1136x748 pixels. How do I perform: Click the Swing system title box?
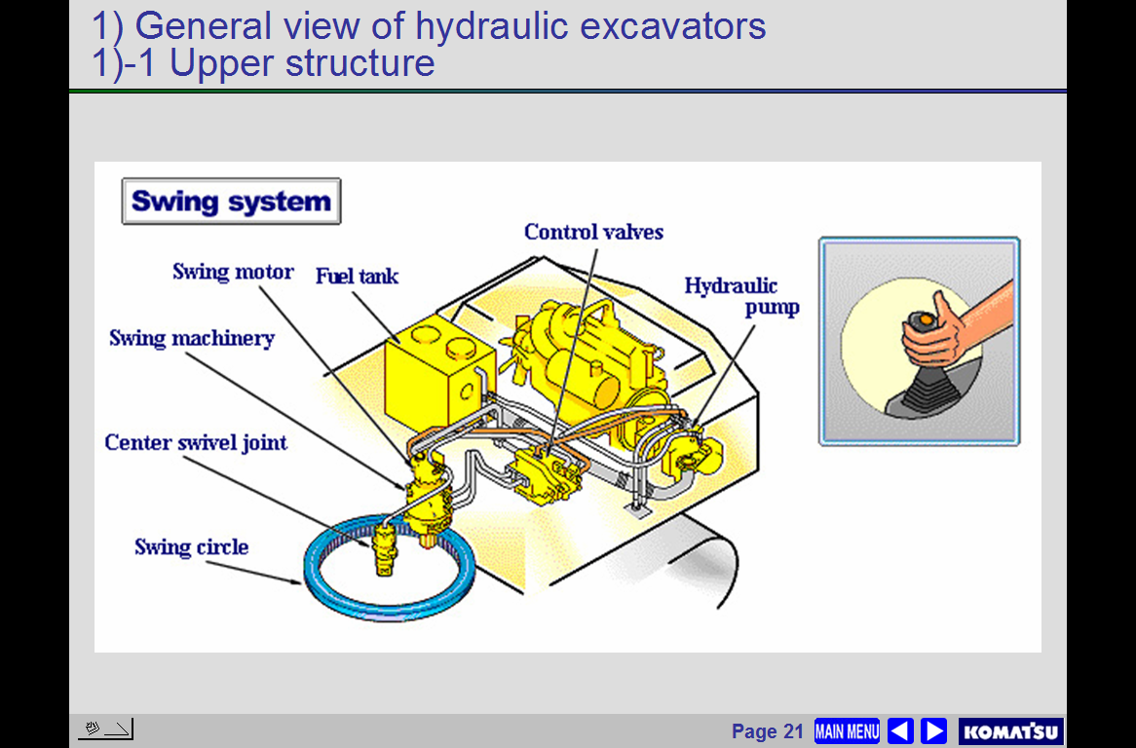[x=231, y=202]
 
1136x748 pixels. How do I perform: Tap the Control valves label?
[x=593, y=232]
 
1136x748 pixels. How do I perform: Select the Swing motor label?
[x=233, y=272]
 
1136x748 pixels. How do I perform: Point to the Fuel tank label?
[x=357, y=276]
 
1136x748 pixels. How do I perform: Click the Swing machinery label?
[x=192, y=339]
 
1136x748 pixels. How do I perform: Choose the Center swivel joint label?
[x=196, y=443]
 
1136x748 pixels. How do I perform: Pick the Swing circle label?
[x=191, y=546]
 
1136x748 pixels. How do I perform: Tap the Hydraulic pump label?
[x=741, y=296]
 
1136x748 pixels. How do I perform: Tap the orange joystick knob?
[x=925, y=318]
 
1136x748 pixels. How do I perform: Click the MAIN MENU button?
[x=847, y=731]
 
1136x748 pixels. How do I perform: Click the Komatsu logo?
[x=1010, y=731]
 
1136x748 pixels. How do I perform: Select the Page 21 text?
[x=767, y=731]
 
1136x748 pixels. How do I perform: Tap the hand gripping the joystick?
[x=933, y=332]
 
